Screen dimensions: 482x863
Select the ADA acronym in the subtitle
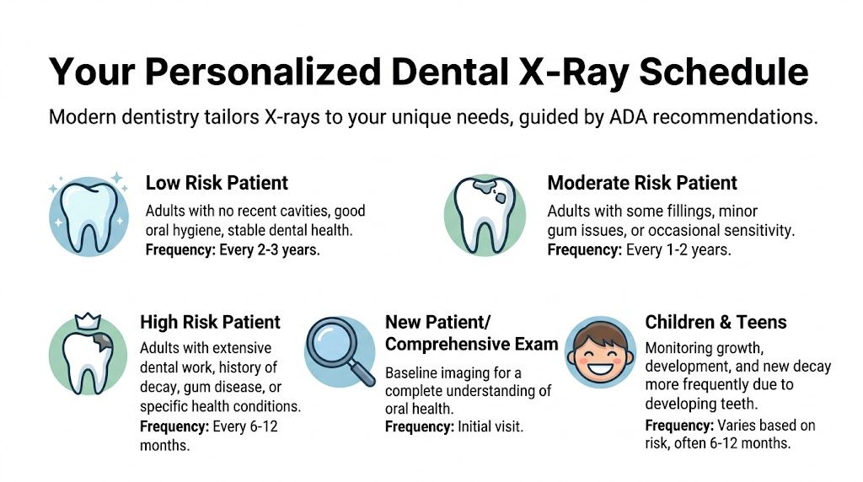630,117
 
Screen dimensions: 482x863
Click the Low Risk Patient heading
217,183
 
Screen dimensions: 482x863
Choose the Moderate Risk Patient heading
642,183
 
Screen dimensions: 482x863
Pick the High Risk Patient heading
210,322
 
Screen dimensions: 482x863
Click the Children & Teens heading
716,322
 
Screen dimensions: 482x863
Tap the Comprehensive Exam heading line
471,344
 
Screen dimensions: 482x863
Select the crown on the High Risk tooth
88,320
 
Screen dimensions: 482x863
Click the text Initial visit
490,427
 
